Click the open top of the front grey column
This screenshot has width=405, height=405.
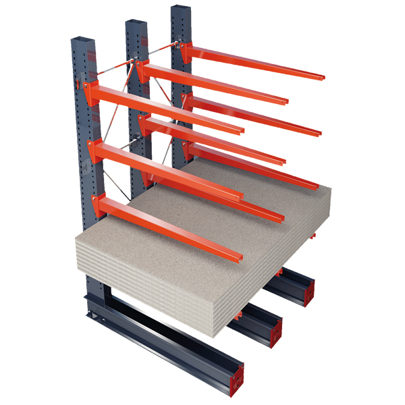tap(82, 41)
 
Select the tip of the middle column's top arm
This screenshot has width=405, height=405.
tap(285, 101)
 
